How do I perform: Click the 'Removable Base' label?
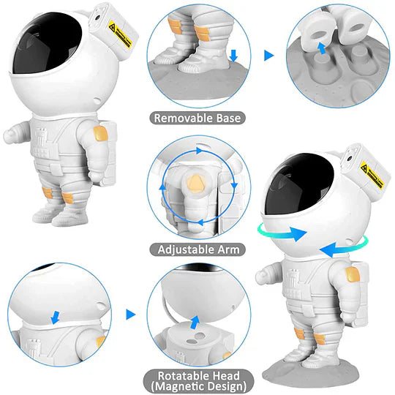pyautogui.click(x=198, y=116)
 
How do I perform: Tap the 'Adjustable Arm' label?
pyautogui.click(x=198, y=249)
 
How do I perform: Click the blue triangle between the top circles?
pyautogui.click(x=268, y=54)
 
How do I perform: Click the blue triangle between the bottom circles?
pyautogui.click(x=131, y=315)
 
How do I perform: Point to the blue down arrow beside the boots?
pyautogui.click(x=233, y=56)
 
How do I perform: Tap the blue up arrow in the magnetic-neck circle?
pyautogui.click(x=195, y=323)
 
